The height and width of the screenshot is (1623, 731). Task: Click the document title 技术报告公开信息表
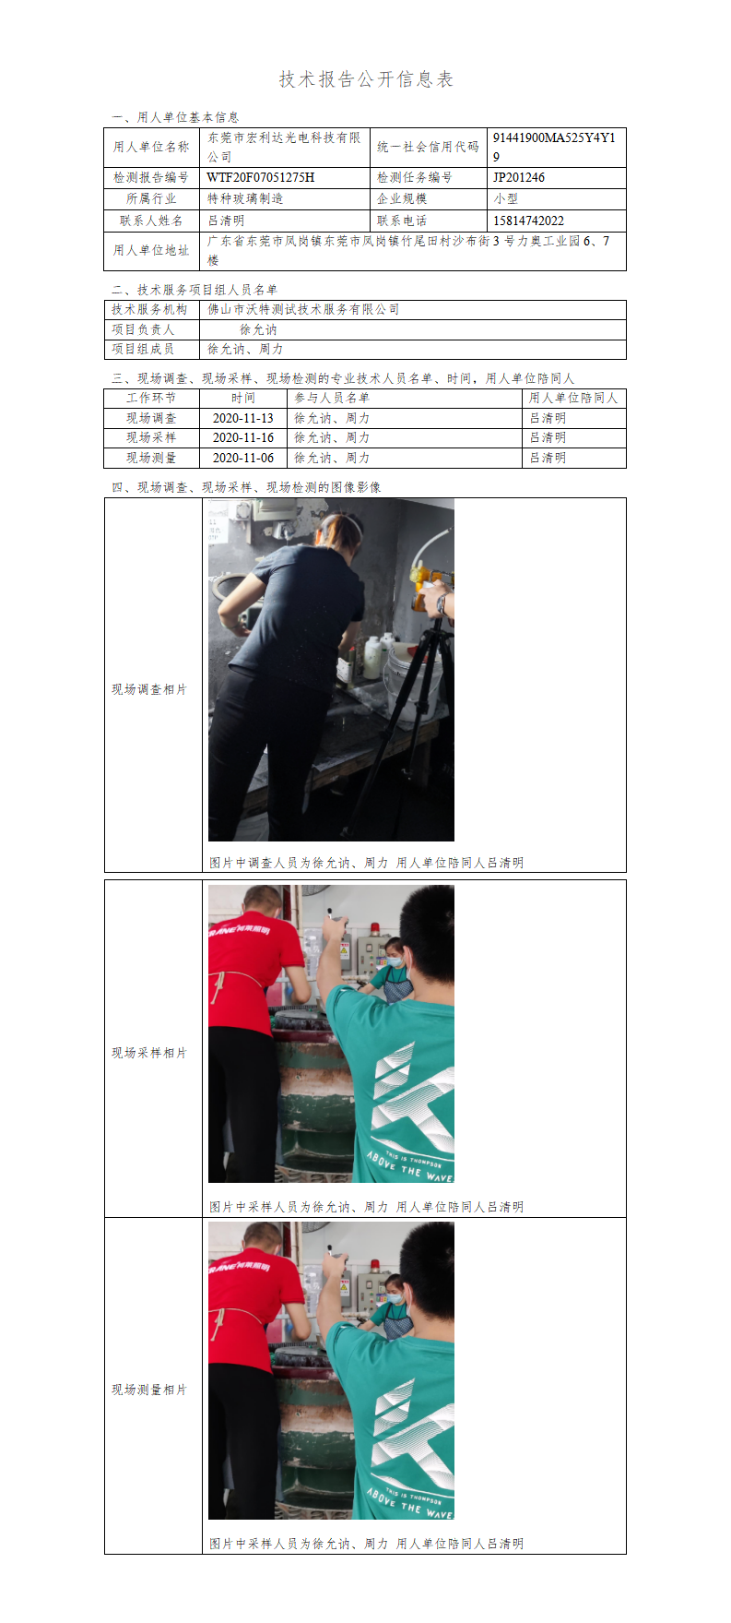(366, 79)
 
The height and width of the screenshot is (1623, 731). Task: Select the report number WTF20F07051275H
(261, 177)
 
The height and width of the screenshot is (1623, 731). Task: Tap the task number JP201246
(519, 177)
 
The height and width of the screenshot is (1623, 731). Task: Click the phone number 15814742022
(528, 221)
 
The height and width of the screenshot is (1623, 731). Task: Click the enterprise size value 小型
(506, 198)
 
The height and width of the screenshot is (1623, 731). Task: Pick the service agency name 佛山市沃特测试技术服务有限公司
(303, 309)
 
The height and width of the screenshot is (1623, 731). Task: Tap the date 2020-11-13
(243, 418)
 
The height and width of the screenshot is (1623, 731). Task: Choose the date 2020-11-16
(243, 437)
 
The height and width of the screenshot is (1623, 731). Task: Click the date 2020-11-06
(243, 458)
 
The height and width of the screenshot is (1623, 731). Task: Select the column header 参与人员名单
(332, 398)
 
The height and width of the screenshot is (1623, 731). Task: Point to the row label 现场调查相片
(149, 689)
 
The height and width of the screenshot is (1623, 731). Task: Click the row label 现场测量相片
(149, 1390)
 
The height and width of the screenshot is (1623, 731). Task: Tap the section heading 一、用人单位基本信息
(175, 117)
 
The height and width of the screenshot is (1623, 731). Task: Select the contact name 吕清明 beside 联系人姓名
(226, 221)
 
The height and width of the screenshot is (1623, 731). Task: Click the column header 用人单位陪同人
(573, 398)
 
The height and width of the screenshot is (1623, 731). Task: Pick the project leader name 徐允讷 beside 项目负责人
(258, 329)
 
